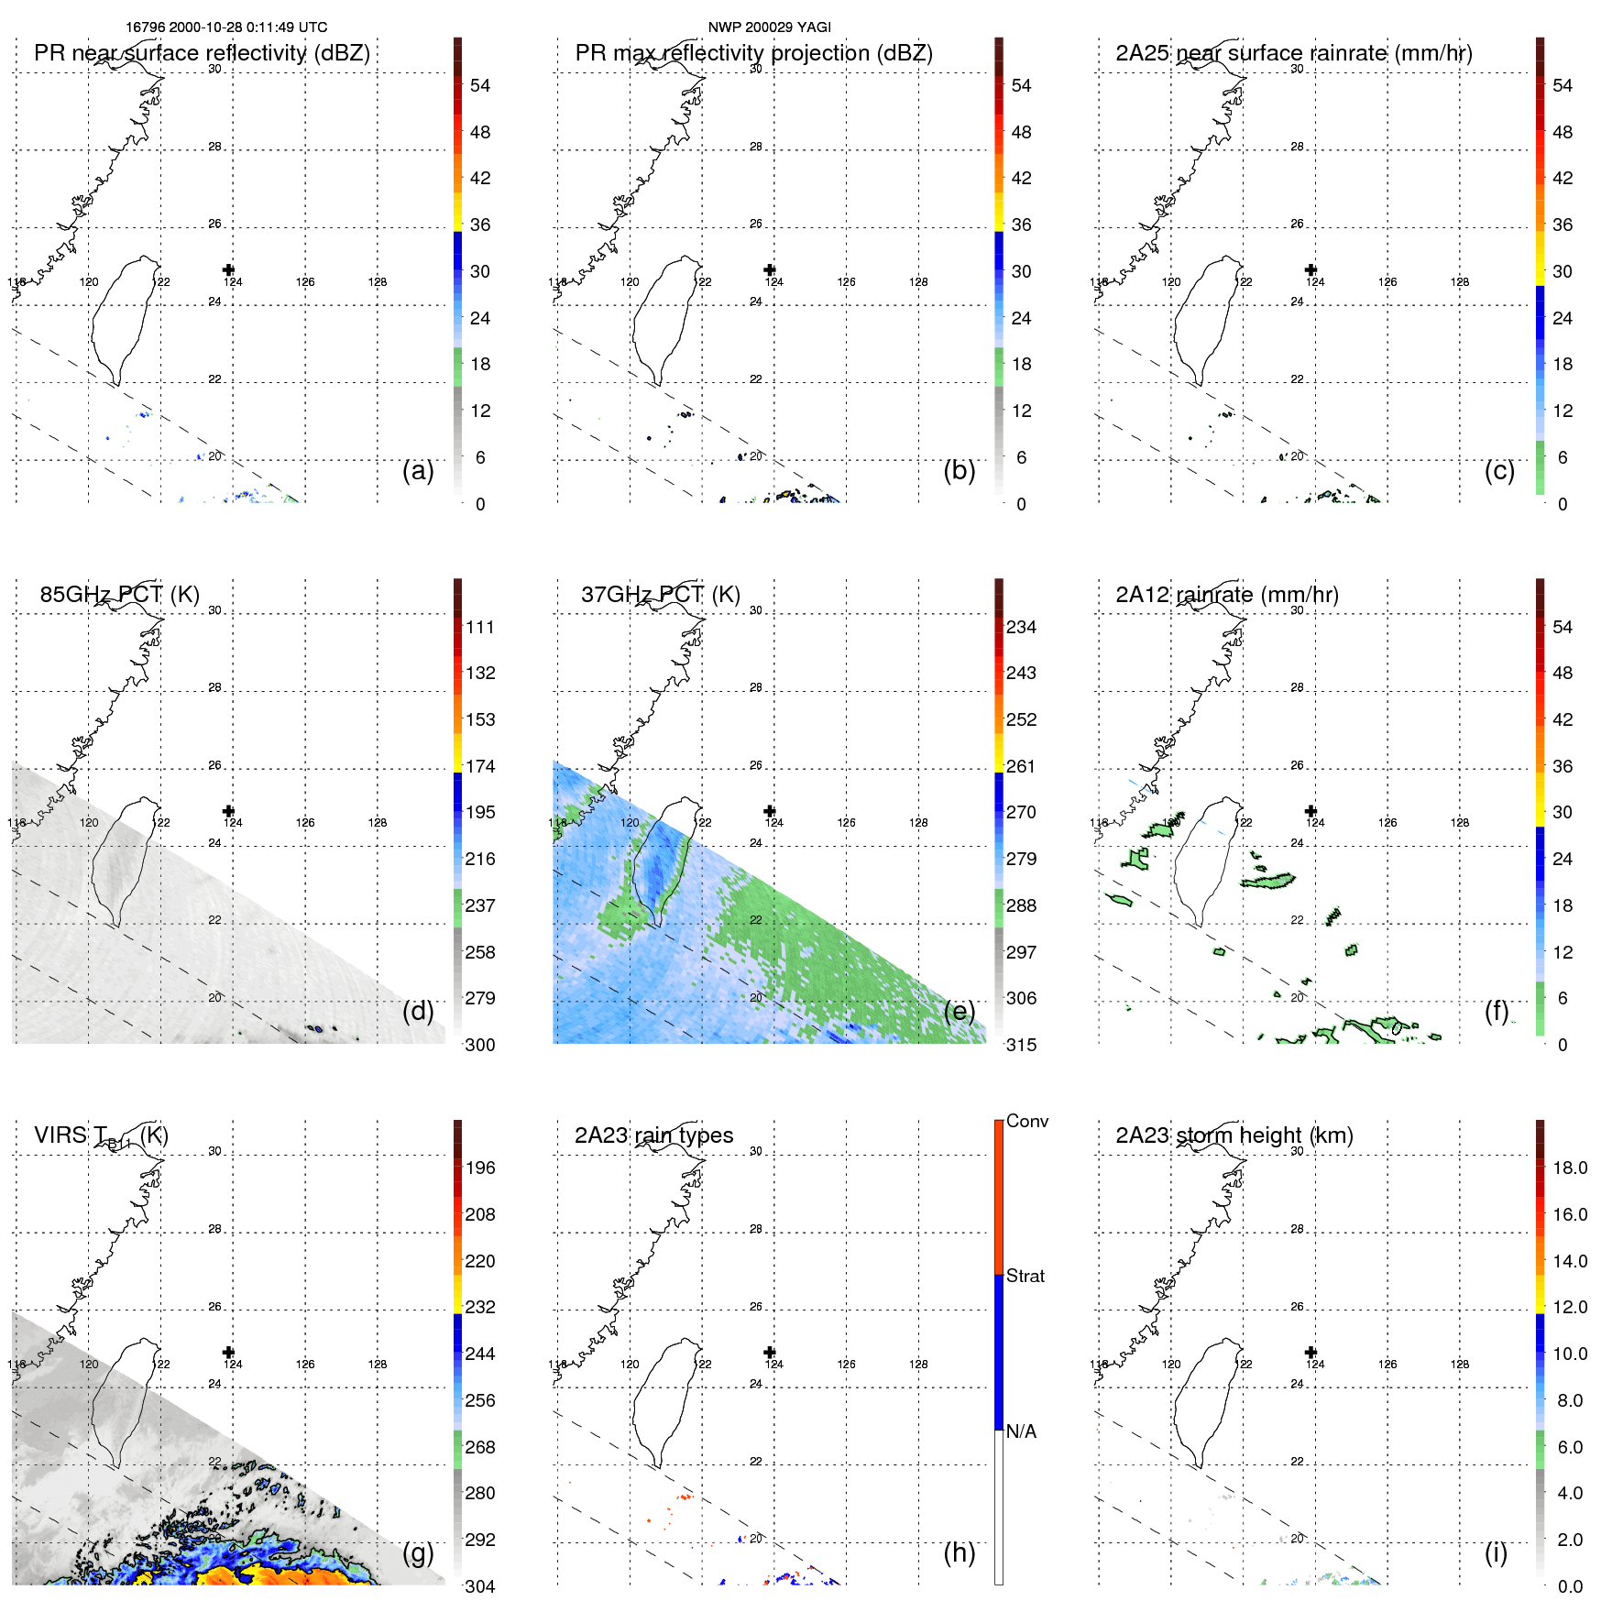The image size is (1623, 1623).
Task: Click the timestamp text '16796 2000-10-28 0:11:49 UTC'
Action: pyautogui.click(x=226, y=27)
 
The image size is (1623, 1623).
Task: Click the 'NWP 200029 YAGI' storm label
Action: pyautogui.click(x=769, y=27)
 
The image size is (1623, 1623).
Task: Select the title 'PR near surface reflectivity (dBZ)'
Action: pyautogui.click(x=202, y=53)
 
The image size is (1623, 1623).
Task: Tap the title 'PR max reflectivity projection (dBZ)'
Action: pyautogui.click(x=753, y=53)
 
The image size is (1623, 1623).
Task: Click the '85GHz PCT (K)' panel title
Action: pyautogui.click(x=119, y=594)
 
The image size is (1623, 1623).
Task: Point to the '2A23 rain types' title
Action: pyautogui.click(x=653, y=1135)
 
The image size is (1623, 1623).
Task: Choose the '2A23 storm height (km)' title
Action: pyautogui.click(x=1234, y=1135)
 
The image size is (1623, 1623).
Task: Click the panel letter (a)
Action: pyautogui.click(x=418, y=470)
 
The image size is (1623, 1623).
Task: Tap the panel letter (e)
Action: pyautogui.click(x=959, y=1011)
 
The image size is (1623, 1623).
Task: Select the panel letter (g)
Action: pyautogui.click(x=418, y=1552)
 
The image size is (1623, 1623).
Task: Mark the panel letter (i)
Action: pyautogui.click(x=1496, y=1552)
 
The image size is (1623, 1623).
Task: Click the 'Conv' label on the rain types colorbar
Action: pyautogui.click(x=1026, y=1121)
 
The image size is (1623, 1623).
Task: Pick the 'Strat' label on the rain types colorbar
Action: pyautogui.click(x=1025, y=1276)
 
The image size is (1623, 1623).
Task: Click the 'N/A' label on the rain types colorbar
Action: pyautogui.click(x=1021, y=1431)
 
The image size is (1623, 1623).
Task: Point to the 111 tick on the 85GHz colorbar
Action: pyautogui.click(x=480, y=628)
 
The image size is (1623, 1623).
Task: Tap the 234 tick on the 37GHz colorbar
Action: pyautogui.click(x=1021, y=628)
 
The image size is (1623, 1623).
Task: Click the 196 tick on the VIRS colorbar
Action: pyautogui.click(x=480, y=1168)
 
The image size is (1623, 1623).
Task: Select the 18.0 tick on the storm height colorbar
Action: pyautogui.click(x=1569, y=1168)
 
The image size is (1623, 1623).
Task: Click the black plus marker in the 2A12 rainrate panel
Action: pyautogui.click(x=1310, y=811)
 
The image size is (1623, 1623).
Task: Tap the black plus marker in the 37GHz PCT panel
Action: pyautogui.click(x=770, y=811)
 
